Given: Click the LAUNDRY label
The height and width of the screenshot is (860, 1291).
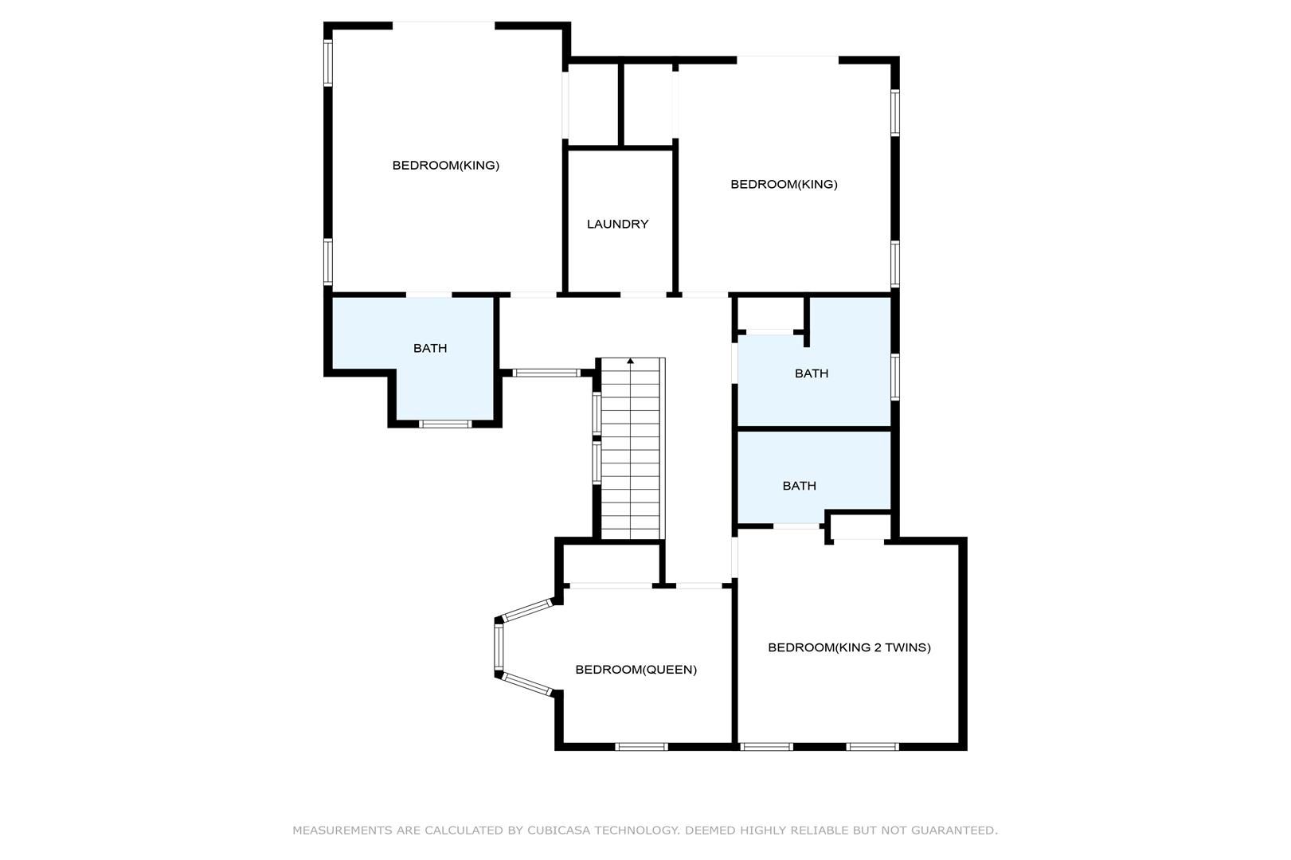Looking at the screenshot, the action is click(617, 224).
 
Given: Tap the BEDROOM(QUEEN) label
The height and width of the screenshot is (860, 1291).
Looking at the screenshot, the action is click(636, 669).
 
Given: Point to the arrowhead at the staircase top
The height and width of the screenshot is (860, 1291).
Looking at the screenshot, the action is click(631, 361).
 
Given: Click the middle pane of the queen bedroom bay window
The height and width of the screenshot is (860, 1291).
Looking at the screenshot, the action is click(499, 647).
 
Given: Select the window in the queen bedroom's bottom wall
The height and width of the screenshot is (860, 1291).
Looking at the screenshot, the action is click(641, 746).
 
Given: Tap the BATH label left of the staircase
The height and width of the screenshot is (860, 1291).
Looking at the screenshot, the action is click(430, 348).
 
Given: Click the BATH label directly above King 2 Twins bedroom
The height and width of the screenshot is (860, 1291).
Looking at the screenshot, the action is click(799, 486).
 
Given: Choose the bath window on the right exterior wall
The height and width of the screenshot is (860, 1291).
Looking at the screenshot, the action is click(895, 377).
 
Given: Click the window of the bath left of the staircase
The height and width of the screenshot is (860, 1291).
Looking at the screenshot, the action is click(445, 424).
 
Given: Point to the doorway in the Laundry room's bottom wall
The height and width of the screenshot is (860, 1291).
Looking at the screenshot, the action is click(644, 295).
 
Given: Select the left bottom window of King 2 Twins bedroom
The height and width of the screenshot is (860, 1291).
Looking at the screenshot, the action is click(766, 746).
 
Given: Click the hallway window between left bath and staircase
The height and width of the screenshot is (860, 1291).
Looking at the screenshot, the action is click(546, 373).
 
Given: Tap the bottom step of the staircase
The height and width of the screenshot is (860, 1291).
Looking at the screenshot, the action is click(631, 534).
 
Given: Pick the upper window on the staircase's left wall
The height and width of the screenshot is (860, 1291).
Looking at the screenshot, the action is click(597, 412).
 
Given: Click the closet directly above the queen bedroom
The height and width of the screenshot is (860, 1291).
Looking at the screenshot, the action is click(611, 563).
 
